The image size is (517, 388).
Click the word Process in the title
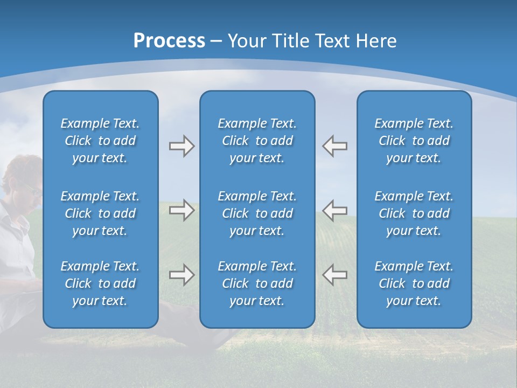[169, 41]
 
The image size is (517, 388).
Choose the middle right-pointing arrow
[181, 210]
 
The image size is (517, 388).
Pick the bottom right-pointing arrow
[181, 275]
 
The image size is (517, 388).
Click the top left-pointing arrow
[334, 146]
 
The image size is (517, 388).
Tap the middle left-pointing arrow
[334, 210]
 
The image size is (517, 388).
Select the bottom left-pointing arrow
[334, 275]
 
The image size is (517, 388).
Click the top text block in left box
[100, 141]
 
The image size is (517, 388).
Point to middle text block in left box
[100, 213]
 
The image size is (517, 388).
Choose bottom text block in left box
[100, 283]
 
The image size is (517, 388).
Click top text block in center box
[257, 141]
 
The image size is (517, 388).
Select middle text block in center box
[257, 213]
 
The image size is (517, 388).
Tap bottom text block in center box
[257, 283]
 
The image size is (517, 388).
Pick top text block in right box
[414, 141]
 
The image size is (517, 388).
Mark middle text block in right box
[414, 213]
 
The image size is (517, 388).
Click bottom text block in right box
[414, 283]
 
